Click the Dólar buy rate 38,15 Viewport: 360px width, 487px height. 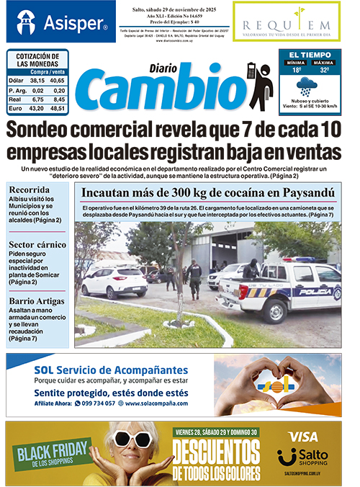point(36,81)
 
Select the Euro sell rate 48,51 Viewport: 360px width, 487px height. point(58,108)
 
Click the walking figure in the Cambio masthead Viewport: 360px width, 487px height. point(257,86)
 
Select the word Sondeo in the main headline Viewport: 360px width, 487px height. point(55,130)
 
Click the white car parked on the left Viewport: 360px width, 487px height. point(113,281)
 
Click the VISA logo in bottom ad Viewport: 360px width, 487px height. point(302,437)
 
